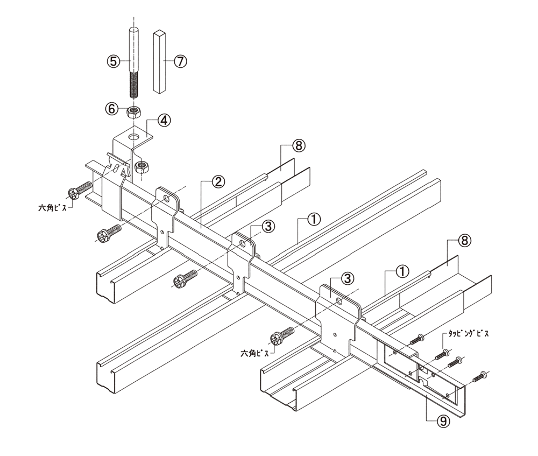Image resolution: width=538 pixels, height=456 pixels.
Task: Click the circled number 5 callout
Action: (114, 62)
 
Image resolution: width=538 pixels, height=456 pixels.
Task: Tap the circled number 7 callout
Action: (180, 61)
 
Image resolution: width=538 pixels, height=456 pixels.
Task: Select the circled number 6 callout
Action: (112, 109)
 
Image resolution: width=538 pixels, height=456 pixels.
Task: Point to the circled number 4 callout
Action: (164, 120)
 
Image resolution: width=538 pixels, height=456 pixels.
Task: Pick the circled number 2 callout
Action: (218, 181)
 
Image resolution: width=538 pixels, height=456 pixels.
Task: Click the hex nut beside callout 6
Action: (134, 111)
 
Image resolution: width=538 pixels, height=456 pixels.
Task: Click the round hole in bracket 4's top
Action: (134, 137)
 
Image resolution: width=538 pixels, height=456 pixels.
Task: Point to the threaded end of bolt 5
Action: (134, 83)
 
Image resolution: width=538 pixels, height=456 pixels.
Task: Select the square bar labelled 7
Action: (160, 62)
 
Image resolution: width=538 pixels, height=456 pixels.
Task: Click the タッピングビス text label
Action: (469, 333)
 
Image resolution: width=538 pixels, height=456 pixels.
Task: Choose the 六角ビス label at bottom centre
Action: (255, 353)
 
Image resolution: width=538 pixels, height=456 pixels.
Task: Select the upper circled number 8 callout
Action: (299, 145)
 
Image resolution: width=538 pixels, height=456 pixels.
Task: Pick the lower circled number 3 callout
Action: (348, 278)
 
